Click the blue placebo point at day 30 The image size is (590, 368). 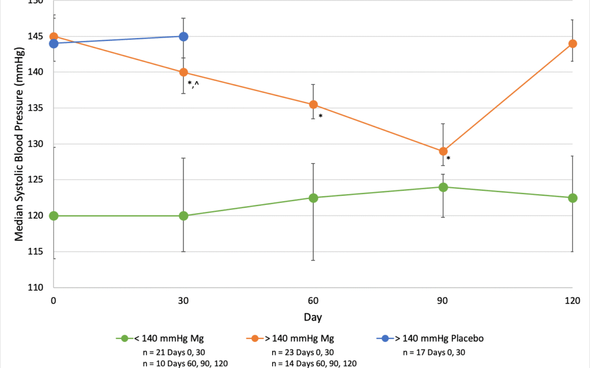click(x=184, y=37)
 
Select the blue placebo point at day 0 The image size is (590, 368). click(x=54, y=44)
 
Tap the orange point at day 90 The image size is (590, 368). click(x=443, y=151)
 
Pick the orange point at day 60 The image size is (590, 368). click(x=314, y=104)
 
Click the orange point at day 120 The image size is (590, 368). click(x=573, y=44)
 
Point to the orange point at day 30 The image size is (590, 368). click(x=184, y=73)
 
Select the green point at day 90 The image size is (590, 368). click(x=443, y=187)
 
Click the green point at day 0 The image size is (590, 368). click(x=54, y=216)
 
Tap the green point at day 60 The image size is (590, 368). click(x=314, y=198)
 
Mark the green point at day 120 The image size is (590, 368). click(x=573, y=198)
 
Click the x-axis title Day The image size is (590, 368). click(x=314, y=316)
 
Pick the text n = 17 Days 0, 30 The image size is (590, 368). click(x=435, y=352)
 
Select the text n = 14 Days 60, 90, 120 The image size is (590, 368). click(x=311, y=363)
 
